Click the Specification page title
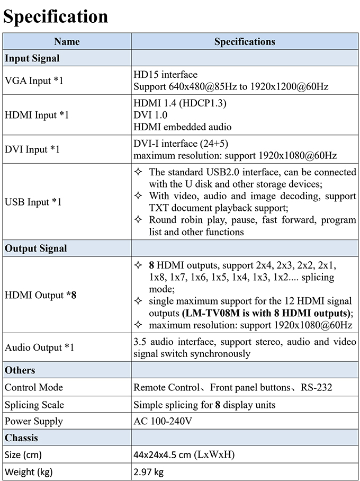(x=56, y=16)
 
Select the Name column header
(x=67, y=41)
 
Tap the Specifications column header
(x=245, y=41)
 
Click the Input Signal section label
(x=32, y=58)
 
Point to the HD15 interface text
(x=165, y=75)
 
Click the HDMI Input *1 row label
(x=37, y=114)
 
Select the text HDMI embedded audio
(x=182, y=127)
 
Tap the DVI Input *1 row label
(x=32, y=149)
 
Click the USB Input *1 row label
(x=33, y=202)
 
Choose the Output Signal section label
(x=35, y=248)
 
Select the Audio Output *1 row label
(x=39, y=348)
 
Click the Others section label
(x=20, y=370)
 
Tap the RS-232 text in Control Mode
(x=317, y=387)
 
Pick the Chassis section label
(x=21, y=438)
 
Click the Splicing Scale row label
(x=34, y=405)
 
